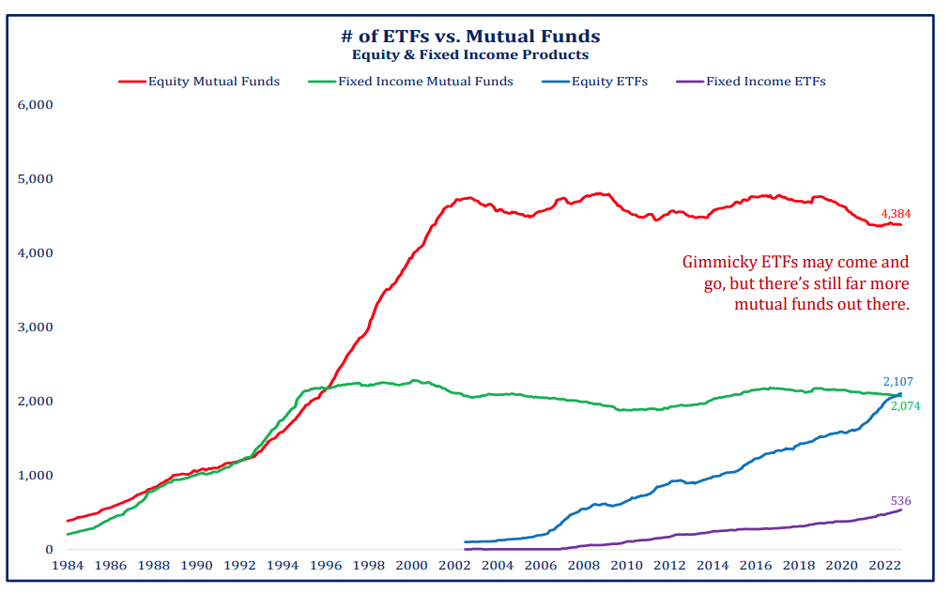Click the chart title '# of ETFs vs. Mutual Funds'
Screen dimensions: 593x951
(x=469, y=37)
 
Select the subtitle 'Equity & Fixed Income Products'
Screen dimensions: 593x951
(x=469, y=54)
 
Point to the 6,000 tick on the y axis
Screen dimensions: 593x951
(x=36, y=104)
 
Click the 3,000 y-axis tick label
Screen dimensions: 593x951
(x=36, y=327)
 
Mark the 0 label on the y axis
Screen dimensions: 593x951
(x=49, y=550)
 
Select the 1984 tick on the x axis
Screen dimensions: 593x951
(x=67, y=566)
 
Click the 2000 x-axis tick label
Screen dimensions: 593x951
(x=411, y=566)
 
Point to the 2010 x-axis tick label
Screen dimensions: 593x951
(x=626, y=566)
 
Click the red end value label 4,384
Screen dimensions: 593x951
(x=895, y=214)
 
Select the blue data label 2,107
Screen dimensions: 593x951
(x=898, y=382)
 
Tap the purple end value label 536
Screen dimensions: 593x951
(x=900, y=501)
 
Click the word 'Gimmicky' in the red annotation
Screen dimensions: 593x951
(x=715, y=263)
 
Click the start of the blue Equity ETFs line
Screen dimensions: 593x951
(x=466, y=541)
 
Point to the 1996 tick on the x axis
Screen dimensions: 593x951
(x=325, y=566)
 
